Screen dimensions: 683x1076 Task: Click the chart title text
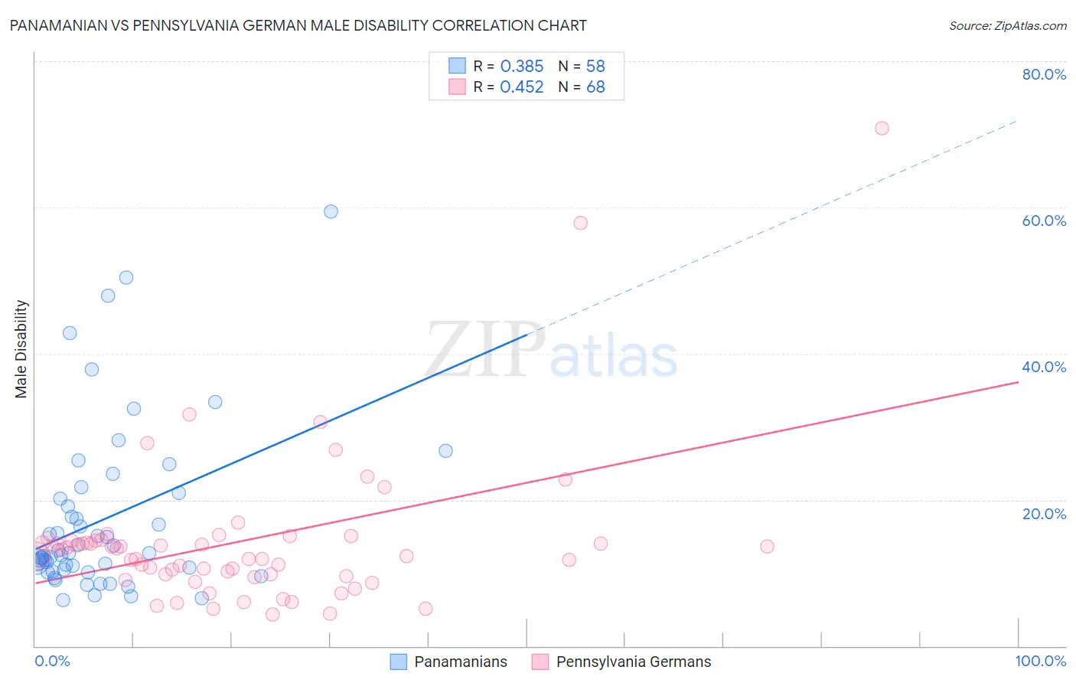click(298, 25)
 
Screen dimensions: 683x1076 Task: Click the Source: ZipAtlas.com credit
click(1007, 25)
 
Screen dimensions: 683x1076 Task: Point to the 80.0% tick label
click(1044, 74)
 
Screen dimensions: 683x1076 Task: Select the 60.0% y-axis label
click(1044, 221)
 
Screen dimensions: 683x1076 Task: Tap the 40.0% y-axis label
click(1044, 367)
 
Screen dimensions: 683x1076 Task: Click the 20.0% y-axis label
click(1044, 513)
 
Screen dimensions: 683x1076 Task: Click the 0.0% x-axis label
click(52, 661)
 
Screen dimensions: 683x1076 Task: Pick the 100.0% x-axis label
click(1040, 661)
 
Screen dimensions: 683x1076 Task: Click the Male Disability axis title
click(21, 348)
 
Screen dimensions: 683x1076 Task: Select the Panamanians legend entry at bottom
click(448, 662)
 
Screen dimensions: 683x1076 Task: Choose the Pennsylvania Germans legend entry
click(621, 662)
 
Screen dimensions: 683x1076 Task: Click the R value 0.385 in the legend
click(521, 67)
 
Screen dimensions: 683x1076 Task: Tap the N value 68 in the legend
click(595, 87)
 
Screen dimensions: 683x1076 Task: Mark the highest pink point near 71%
click(882, 128)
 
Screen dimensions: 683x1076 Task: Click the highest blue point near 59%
click(331, 211)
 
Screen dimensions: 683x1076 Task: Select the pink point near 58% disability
click(580, 223)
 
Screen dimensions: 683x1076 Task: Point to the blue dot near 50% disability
click(126, 277)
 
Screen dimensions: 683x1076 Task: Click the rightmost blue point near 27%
click(445, 450)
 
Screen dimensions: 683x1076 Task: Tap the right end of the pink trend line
click(1018, 381)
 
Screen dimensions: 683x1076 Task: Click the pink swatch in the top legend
click(457, 87)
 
